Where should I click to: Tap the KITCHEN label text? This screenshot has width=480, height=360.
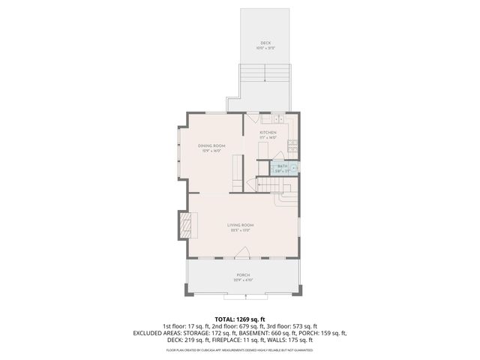(x=268, y=132)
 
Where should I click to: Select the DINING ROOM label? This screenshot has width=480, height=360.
(x=211, y=145)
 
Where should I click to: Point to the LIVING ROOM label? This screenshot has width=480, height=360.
(x=241, y=225)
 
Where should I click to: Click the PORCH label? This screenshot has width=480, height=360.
(x=241, y=274)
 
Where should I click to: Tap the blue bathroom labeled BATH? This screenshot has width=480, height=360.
(x=283, y=166)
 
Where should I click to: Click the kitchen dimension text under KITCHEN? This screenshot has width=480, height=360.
(x=268, y=138)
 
